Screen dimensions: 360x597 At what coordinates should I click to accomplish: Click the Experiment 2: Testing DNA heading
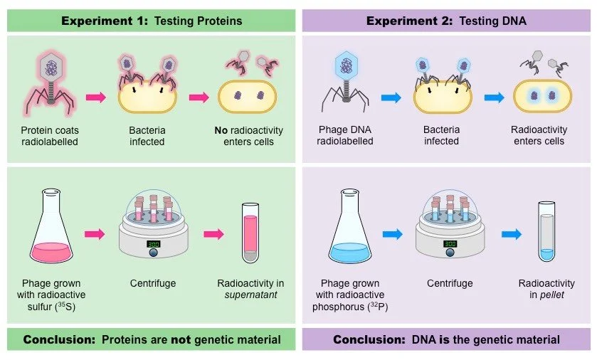(446, 21)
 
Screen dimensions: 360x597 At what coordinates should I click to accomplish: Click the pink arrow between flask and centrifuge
(95, 233)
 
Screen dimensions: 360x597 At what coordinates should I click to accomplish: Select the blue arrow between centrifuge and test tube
(510, 233)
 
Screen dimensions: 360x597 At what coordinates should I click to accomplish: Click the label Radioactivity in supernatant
(249, 289)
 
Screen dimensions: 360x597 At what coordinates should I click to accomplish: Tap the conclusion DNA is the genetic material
(446, 339)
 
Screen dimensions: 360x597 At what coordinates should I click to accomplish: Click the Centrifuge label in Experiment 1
(152, 283)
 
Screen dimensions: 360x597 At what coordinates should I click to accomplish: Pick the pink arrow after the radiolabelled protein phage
(95, 97)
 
